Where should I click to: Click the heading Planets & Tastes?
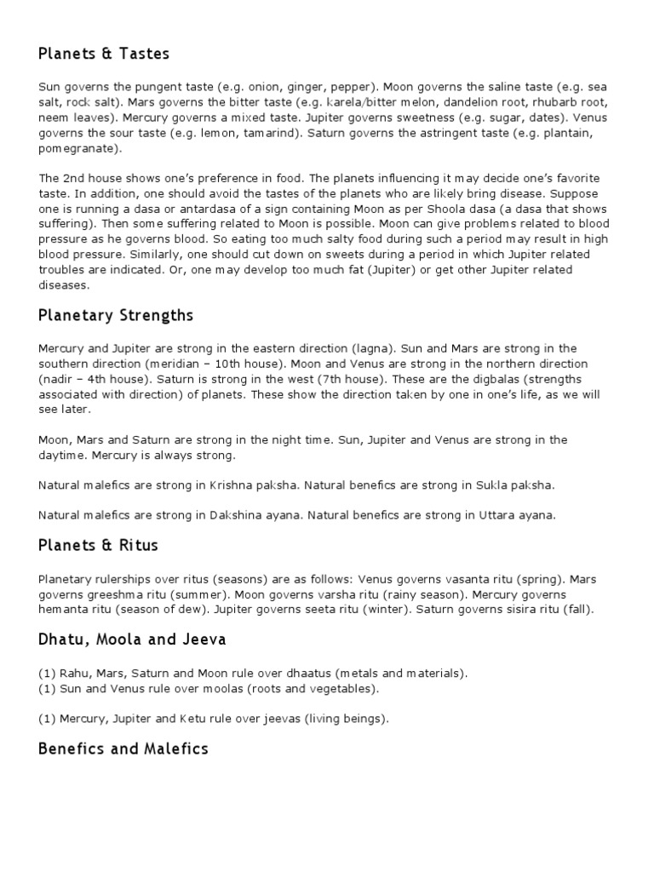tap(104, 54)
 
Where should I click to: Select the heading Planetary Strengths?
tap(116, 316)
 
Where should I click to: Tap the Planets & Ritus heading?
tap(98, 545)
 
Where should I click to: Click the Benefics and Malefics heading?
tap(123, 749)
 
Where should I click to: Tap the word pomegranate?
tap(77, 148)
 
